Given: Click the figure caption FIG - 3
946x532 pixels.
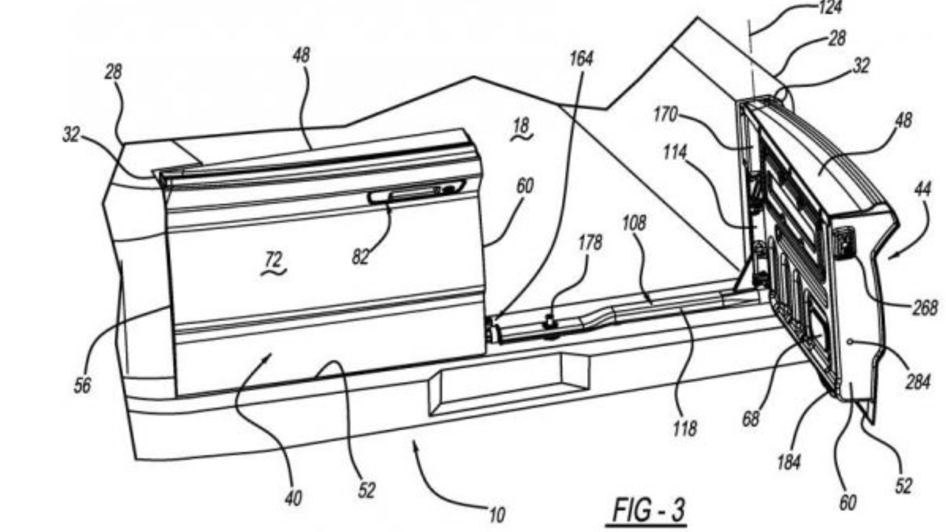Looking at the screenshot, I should tap(648, 510).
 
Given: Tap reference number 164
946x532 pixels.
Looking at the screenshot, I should tap(581, 59).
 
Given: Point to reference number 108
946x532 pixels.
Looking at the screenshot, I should tap(634, 223).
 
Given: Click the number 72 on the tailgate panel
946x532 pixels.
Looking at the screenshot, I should tap(273, 260).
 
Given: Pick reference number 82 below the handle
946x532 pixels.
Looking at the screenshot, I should tap(360, 257).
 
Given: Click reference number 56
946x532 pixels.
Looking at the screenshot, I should tap(82, 385).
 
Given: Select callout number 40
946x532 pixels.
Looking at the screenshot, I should tap(293, 499).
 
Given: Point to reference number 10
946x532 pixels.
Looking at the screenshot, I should tap(497, 515).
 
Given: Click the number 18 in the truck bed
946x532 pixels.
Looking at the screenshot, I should tap(521, 127).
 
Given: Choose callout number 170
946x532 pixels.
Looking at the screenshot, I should tap(665, 115).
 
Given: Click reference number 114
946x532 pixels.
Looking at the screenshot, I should tap(675, 153).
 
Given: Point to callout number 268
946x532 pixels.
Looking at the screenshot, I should tap(925, 308).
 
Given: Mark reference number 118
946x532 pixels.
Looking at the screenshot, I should tap(685, 428).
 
